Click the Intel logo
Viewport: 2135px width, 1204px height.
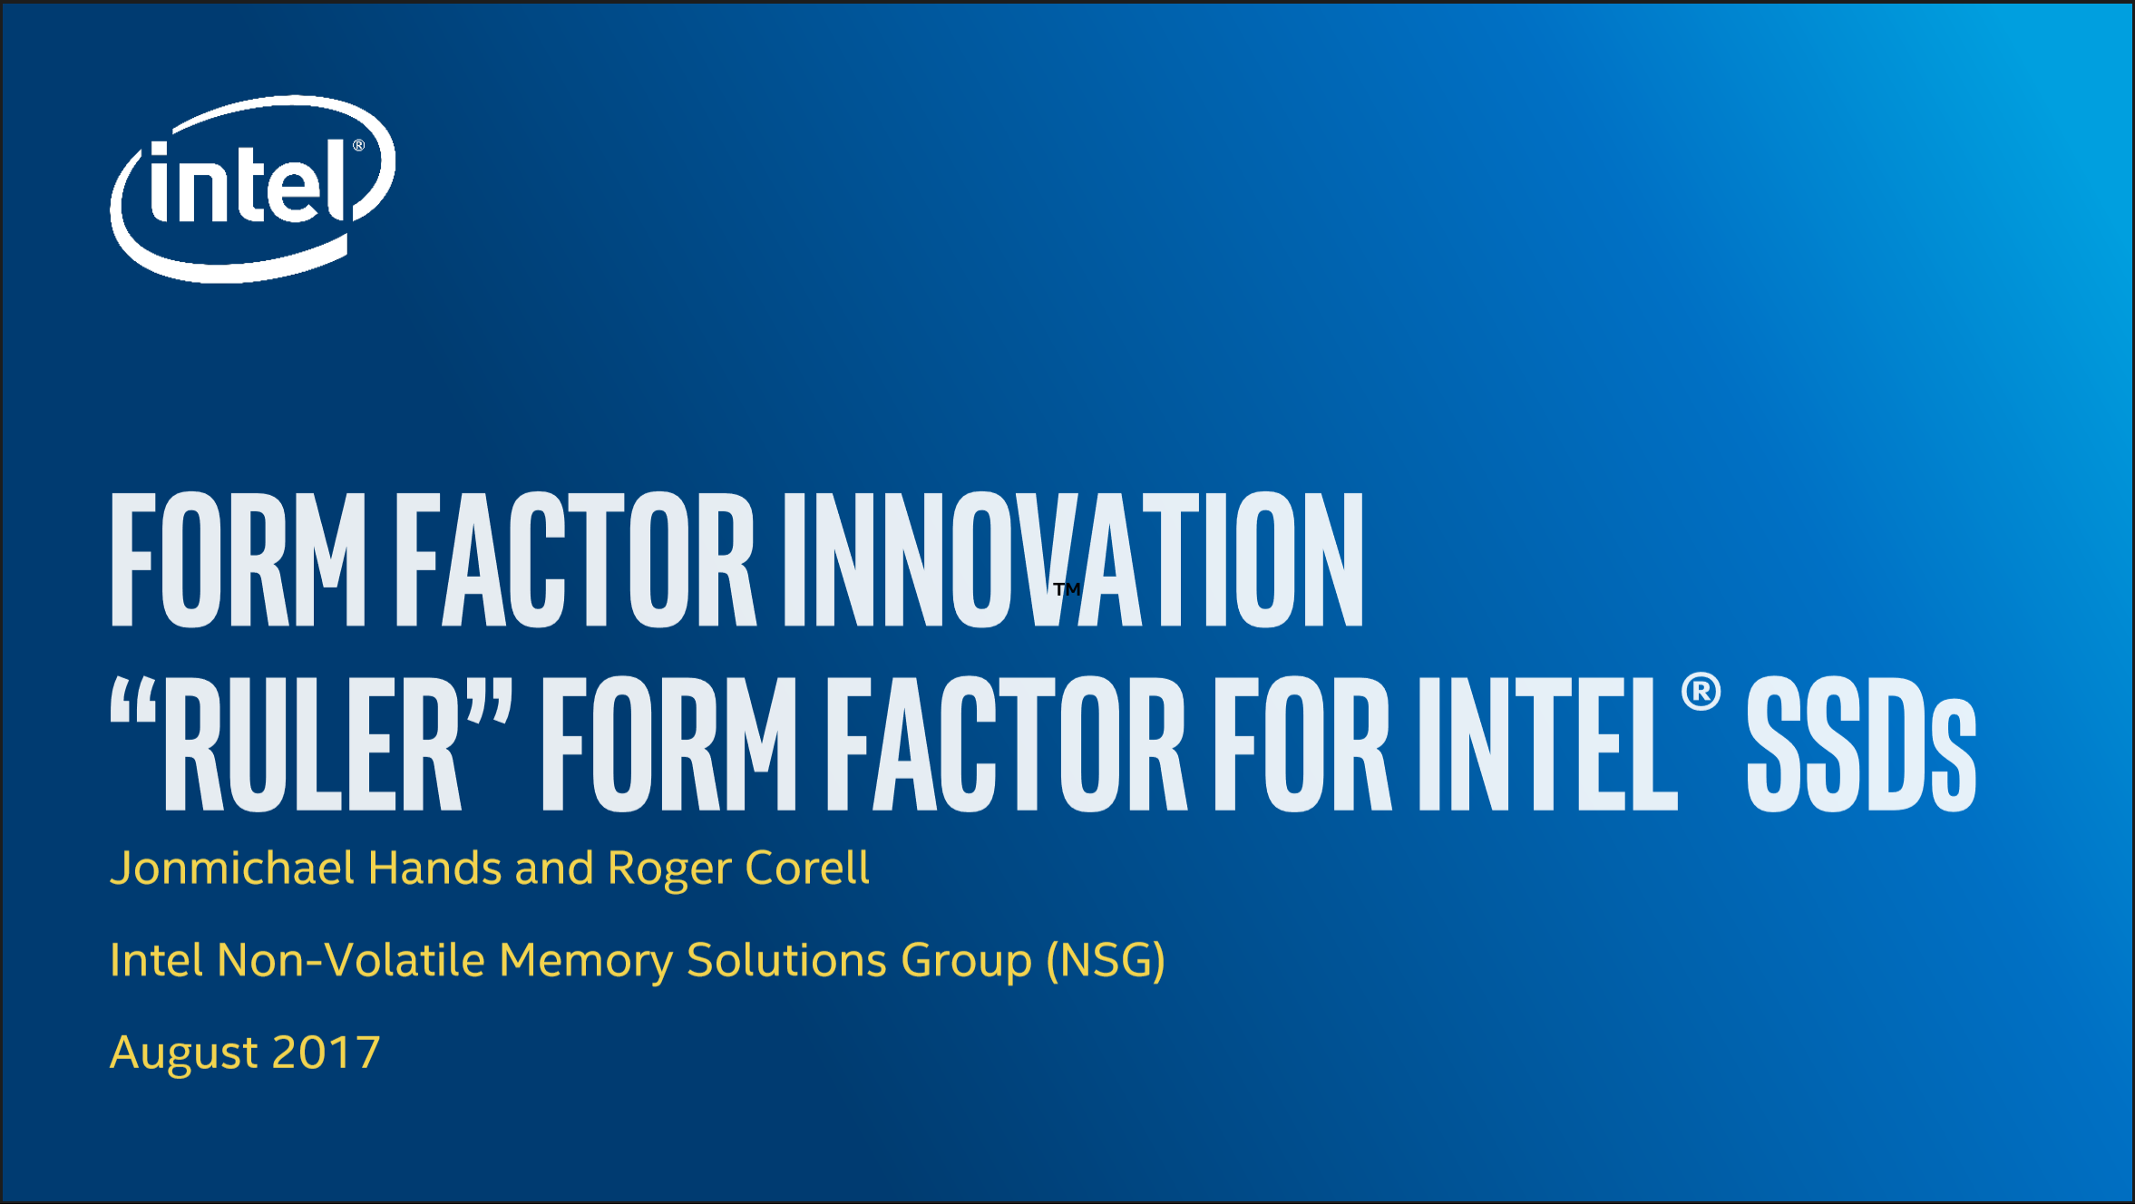tap(252, 189)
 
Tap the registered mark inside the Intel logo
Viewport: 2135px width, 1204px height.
tap(359, 145)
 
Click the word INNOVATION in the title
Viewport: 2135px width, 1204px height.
tap(1073, 559)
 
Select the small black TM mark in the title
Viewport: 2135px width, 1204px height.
tap(1067, 589)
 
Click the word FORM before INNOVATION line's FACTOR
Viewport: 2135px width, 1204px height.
tap(239, 559)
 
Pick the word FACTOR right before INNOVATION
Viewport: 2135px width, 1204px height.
tap(576, 559)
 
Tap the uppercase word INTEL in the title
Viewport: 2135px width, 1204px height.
tap(1548, 743)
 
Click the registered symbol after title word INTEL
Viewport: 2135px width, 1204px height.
tap(1701, 692)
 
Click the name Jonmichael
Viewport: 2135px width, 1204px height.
tap(232, 869)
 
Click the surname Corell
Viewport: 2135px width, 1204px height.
tap(807, 868)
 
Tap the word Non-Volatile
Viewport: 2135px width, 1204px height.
tap(352, 960)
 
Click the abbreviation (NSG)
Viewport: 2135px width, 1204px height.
tap(1106, 961)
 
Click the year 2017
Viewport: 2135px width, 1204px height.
tap(326, 1053)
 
